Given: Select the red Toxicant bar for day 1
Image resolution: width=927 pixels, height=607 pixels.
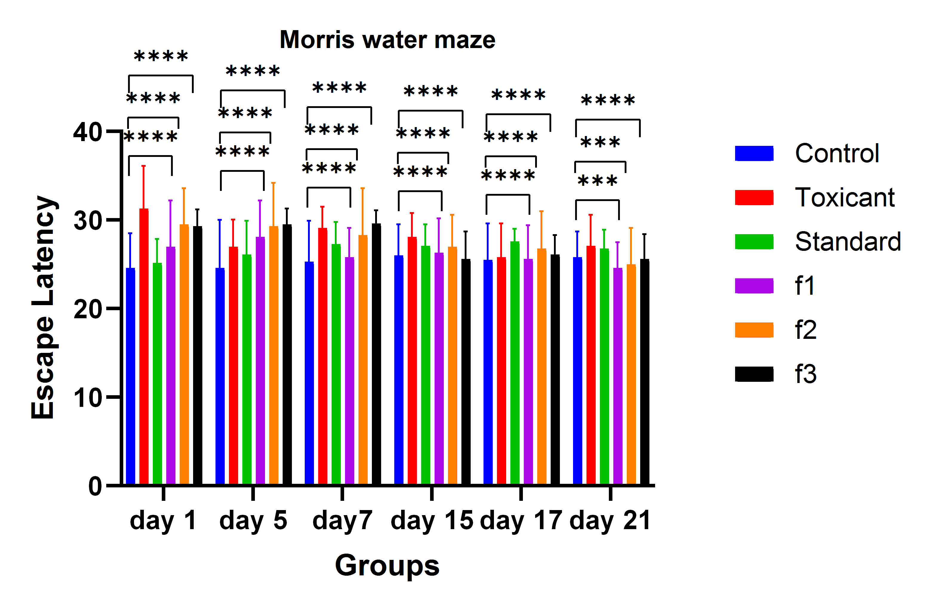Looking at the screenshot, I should [x=144, y=347].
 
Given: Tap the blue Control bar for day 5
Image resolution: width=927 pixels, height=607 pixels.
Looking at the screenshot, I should [x=220, y=376].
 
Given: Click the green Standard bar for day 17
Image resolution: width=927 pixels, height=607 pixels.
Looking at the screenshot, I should [x=515, y=362].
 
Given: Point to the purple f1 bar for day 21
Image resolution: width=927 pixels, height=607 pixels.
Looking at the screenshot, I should [x=618, y=376].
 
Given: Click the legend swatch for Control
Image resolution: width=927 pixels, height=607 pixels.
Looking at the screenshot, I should [x=754, y=153].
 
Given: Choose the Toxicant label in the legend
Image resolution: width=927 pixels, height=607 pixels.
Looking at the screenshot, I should [x=844, y=197].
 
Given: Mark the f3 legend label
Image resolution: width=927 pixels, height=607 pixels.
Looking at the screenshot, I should [x=806, y=374].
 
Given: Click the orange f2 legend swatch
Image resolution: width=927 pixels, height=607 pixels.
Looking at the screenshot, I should [x=754, y=330].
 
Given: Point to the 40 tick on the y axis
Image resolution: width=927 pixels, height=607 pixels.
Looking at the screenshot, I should [x=88, y=132].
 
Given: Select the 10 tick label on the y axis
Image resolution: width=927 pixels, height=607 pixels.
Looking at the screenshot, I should [x=88, y=398].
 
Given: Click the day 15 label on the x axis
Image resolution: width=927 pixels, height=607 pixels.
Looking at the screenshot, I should [x=432, y=520].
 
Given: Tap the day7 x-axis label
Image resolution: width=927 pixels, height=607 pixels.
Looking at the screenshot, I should [x=342, y=520].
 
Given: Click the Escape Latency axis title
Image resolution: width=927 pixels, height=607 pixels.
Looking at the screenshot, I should [x=44, y=308].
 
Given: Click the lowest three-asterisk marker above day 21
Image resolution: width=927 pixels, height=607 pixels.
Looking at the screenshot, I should [x=597, y=181].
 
